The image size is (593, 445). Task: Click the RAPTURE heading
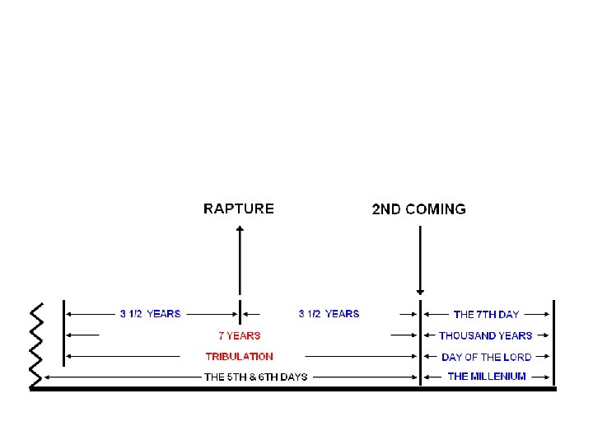239,208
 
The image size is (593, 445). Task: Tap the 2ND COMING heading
418,209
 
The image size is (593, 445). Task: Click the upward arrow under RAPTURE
240,260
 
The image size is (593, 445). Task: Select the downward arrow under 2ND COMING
420,260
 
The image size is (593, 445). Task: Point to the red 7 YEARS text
239,335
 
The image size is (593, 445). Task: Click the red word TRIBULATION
239,357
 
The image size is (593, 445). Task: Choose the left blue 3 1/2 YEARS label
150,314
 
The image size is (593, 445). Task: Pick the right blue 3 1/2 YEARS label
329,314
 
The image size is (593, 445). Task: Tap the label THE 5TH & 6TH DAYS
255,377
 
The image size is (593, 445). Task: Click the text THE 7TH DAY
486,315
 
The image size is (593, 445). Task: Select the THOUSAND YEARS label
485,335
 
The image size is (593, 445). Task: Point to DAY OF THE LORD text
486,357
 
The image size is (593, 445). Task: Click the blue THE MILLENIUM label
486,377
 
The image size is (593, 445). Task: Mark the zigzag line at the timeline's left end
35,344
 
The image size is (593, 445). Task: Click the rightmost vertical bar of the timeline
554,343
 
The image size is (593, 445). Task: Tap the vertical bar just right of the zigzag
63,333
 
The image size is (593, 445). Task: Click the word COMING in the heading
436,209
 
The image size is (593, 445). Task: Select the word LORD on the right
516,357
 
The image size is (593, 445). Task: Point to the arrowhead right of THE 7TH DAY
546,314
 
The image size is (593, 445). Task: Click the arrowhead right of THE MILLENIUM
546,377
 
